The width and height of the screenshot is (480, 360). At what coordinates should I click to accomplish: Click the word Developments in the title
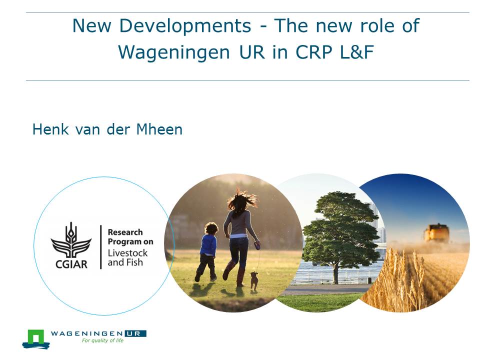point(185,25)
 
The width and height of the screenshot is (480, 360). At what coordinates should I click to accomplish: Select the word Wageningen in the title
point(174,51)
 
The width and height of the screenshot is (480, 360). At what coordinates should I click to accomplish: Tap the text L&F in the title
point(356,51)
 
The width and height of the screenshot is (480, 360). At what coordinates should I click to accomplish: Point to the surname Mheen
point(159,129)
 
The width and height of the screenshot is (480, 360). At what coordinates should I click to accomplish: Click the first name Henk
point(50,129)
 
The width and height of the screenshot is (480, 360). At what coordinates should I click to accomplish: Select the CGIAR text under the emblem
point(71,264)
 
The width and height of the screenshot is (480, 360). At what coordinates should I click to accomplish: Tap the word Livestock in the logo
point(127,253)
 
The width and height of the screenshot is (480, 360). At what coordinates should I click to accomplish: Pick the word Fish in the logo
point(134,262)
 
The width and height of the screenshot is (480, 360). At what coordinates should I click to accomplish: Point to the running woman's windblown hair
point(242,200)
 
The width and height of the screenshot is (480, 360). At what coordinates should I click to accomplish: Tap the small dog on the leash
point(254,280)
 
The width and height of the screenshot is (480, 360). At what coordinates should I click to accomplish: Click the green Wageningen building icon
point(36,338)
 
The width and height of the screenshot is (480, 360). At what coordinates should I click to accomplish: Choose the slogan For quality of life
point(102,340)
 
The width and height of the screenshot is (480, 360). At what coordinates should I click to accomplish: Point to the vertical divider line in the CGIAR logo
point(100,247)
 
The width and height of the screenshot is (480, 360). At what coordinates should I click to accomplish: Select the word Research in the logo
point(125,232)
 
